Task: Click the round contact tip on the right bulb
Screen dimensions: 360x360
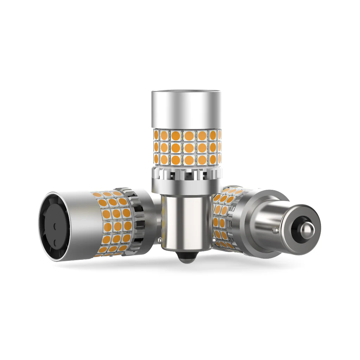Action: pos(306,227)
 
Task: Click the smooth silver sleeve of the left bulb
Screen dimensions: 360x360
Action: pos(81,225)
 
